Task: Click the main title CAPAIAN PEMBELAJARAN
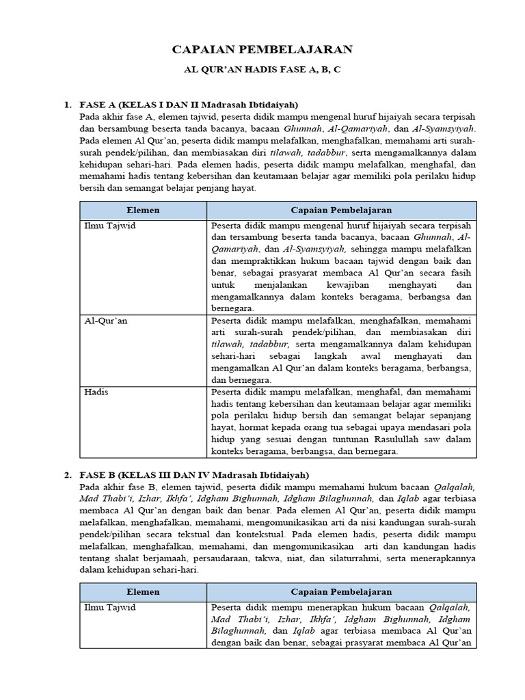click(262, 49)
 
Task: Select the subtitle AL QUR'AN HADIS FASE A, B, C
click(262, 70)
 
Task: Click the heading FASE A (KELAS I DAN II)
click(189, 105)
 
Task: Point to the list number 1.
click(68, 105)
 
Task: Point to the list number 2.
click(68, 474)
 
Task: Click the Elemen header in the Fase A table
click(143, 211)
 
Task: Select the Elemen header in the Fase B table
click(143, 591)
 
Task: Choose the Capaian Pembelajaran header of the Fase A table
click(341, 211)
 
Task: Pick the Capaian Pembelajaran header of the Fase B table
click(341, 591)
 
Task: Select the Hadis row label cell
click(96, 392)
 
